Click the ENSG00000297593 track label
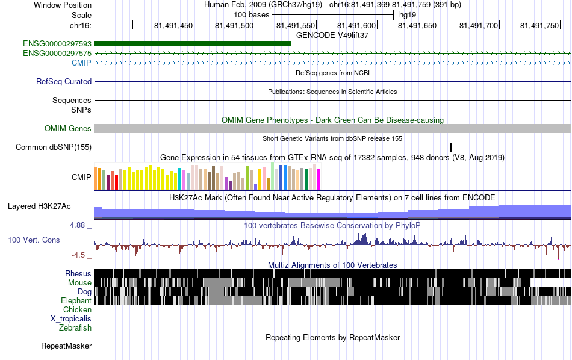click(x=57, y=44)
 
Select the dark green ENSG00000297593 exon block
click(x=192, y=44)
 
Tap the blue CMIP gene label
click(x=81, y=63)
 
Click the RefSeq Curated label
click(x=64, y=82)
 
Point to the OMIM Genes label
click(x=68, y=128)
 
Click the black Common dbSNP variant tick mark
click(x=451, y=147)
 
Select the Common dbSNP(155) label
click(x=54, y=147)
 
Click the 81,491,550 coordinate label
click(x=296, y=25)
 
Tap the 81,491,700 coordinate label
click(x=478, y=25)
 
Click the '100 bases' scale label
click(x=251, y=15)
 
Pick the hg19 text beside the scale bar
click(x=408, y=15)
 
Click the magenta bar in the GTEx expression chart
click(x=319, y=179)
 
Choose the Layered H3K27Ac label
click(x=39, y=206)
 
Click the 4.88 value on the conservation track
click(x=77, y=225)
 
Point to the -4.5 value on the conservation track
click(x=78, y=255)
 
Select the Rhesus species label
click(x=78, y=273)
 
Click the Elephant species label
click(x=76, y=300)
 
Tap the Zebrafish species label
click(x=75, y=327)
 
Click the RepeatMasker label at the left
click(x=66, y=346)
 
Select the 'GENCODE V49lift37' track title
click(x=332, y=35)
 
